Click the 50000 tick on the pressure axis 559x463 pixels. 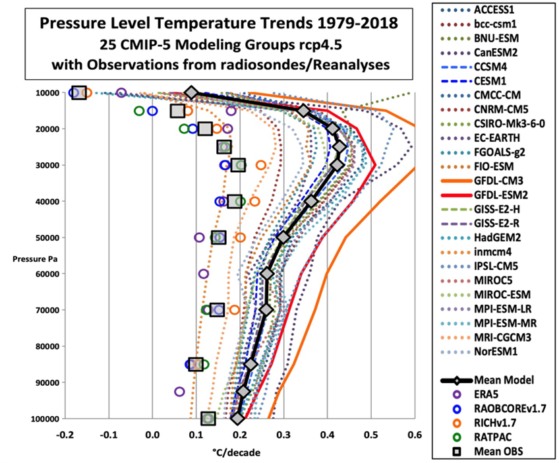click(x=44, y=237)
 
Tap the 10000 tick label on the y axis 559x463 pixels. click(x=44, y=93)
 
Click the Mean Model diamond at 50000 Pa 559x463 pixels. click(x=283, y=237)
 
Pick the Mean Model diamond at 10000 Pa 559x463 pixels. click(x=192, y=93)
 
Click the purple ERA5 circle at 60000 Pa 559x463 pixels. click(x=204, y=274)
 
